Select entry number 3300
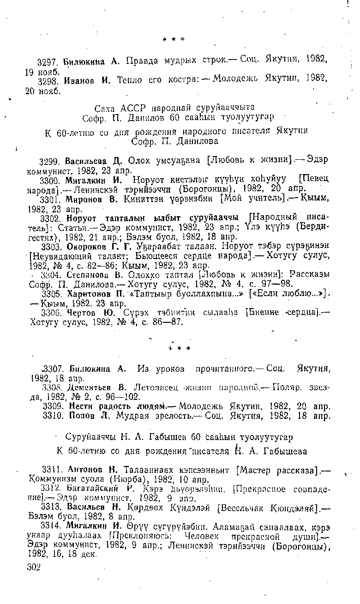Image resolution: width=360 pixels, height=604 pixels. [x=50, y=180]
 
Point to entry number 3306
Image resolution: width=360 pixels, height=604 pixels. [x=50, y=313]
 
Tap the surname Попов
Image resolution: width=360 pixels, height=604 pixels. [x=78, y=416]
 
